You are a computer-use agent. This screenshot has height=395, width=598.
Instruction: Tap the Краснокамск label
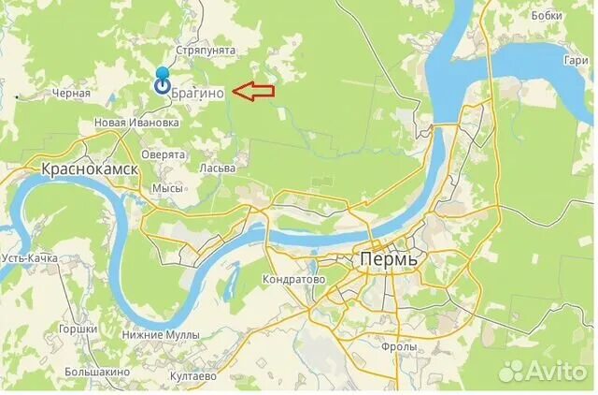[90, 168]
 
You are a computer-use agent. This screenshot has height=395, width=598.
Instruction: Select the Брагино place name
[198, 92]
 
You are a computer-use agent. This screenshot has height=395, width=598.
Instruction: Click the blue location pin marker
[162, 81]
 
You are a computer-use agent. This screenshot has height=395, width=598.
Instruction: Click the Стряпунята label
[206, 51]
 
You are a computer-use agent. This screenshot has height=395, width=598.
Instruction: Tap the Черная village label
[71, 94]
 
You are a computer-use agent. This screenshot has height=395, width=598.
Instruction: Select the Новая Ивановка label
[136, 123]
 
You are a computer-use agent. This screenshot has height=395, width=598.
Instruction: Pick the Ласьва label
[217, 168]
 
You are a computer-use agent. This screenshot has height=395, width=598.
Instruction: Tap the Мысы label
[167, 188]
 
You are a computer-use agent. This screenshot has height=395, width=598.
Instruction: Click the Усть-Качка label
[29, 257]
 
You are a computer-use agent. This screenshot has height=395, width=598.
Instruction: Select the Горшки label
[78, 329]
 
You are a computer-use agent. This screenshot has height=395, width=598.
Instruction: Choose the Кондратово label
[293, 279]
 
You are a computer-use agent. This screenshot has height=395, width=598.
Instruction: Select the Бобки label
[546, 16]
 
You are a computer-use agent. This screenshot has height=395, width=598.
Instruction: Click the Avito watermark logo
[541, 372]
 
